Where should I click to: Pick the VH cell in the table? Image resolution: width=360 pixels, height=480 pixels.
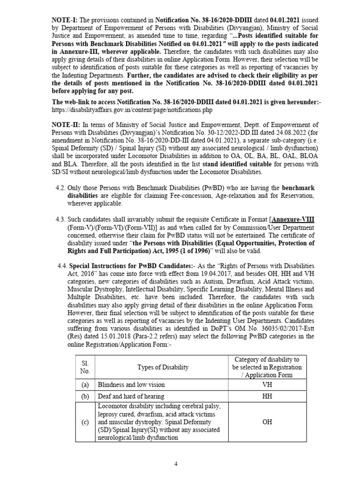pyautogui.click(x=267, y=384)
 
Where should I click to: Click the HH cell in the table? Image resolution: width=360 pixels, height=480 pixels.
pyautogui.click(x=267, y=396)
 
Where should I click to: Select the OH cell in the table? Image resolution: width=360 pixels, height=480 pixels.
pyautogui.click(x=267, y=422)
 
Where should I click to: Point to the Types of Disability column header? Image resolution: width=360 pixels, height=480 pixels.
pyautogui.click(x=163, y=367)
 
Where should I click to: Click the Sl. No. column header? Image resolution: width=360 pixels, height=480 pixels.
pyautogui.click(x=85, y=367)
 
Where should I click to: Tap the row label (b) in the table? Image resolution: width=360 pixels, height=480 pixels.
pyautogui.click(x=85, y=396)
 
